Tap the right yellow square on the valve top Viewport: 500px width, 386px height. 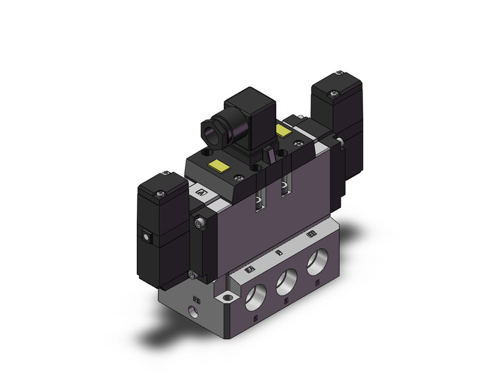[x=284, y=131]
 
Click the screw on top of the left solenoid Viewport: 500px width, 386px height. [x=161, y=193]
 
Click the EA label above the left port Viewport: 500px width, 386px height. [x=249, y=269]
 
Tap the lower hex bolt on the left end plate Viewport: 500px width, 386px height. [x=191, y=275]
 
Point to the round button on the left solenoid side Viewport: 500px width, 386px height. [x=145, y=234]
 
